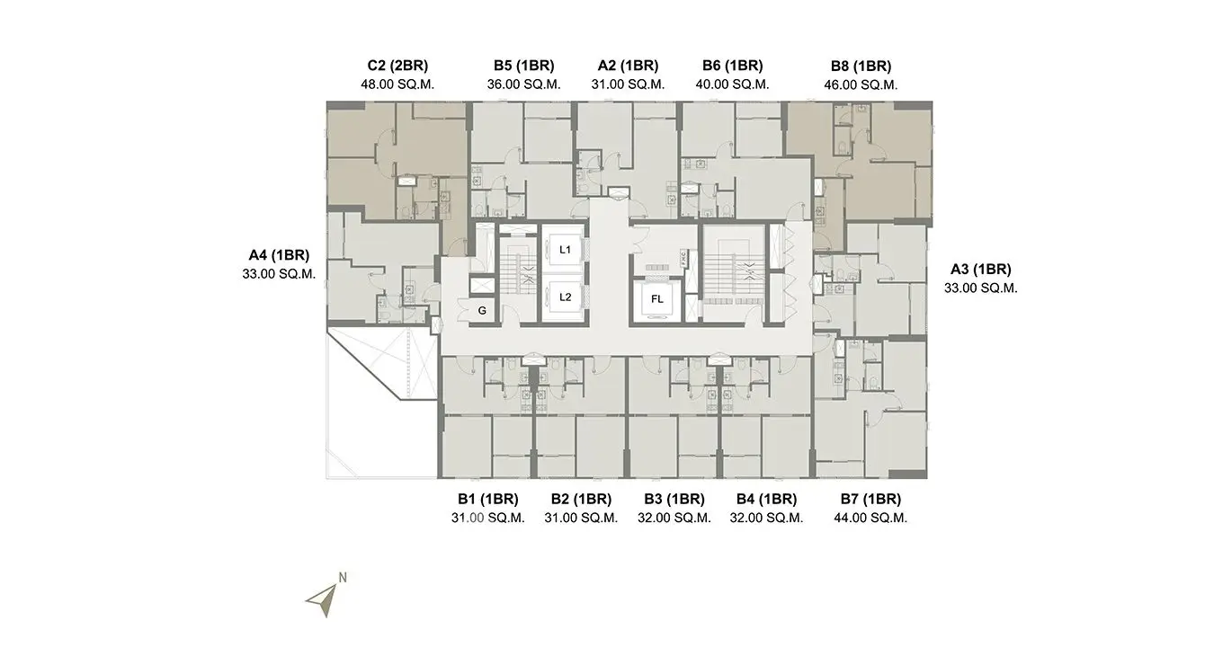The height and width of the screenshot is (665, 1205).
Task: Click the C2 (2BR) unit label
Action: point(397,66)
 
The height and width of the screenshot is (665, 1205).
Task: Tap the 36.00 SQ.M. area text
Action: point(524,84)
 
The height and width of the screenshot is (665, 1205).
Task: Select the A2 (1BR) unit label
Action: point(628,66)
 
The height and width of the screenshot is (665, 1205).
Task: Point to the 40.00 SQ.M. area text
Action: point(732,84)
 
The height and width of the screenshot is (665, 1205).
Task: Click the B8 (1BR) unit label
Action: point(861,66)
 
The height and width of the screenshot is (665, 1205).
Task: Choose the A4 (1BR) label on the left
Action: point(279,255)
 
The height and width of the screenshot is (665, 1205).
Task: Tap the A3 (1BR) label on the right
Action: point(981,269)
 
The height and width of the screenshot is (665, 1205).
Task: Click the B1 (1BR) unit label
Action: point(488,499)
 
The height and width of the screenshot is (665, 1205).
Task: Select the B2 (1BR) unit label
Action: point(581,499)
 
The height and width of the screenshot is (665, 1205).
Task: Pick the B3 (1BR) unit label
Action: point(674,499)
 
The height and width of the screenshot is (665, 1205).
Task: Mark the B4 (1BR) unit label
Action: point(766,499)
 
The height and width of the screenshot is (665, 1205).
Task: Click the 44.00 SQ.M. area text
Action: point(870,518)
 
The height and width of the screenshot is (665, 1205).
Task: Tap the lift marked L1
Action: point(565,250)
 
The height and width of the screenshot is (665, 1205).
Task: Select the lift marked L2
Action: point(565,297)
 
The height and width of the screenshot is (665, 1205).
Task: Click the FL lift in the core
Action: point(656,299)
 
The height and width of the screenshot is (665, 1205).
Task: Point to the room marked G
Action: point(482,310)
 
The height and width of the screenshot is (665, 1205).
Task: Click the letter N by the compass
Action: point(343,577)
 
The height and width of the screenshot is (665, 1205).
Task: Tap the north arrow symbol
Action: point(324,600)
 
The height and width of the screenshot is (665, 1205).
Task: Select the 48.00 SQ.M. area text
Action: point(397,84)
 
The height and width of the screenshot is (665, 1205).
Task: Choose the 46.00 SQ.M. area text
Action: point(861,85)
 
